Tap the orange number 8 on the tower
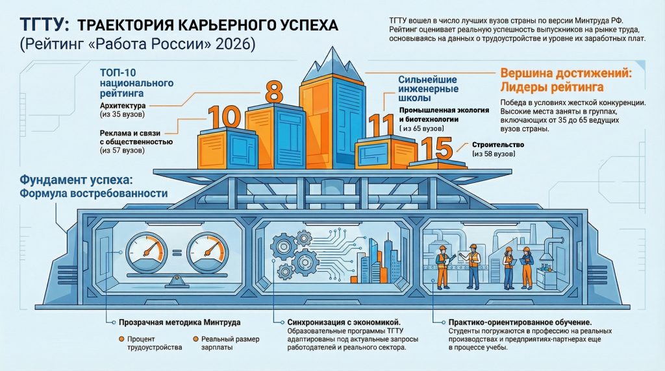(x=273, y=90)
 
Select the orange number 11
(x=381, y=125)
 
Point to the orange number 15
(x=436, y=149)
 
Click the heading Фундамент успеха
(x=77, y=179)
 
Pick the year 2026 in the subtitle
(x=234, y=45)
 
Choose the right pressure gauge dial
(x=207, y=252)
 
